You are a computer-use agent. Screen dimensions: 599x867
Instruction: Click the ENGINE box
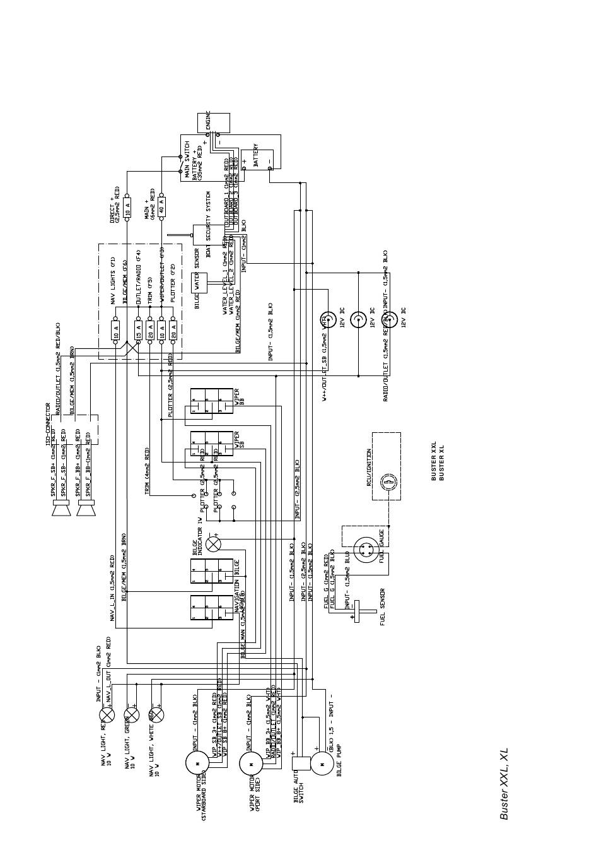click(x=213, y=122)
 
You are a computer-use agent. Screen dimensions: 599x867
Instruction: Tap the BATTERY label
click(x=256, y=156)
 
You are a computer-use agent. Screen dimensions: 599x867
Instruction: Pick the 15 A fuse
click(x=139, y=330)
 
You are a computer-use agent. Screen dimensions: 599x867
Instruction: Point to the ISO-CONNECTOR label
click(x=48, y=424)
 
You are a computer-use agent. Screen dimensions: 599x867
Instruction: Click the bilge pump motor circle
click(x=322, y=763)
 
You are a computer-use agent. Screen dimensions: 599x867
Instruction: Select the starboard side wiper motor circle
click(x=197, y=763)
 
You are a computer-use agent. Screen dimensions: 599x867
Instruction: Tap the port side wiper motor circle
click(x=251, y=764)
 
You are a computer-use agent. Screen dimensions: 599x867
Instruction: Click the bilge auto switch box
click(x=301, y=763)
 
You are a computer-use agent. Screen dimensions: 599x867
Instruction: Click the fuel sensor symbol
click(x=356, y=611)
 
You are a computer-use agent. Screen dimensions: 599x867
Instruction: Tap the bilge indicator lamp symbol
click(x=212, y=543)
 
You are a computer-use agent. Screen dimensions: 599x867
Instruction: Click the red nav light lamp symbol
click(x=107, y=715)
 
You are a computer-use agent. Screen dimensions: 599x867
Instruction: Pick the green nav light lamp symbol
click(x=131, y=715)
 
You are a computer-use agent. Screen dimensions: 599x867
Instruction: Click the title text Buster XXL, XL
click(x=504, y=784)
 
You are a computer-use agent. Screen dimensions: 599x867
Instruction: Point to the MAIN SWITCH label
click(x=187, y=157)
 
